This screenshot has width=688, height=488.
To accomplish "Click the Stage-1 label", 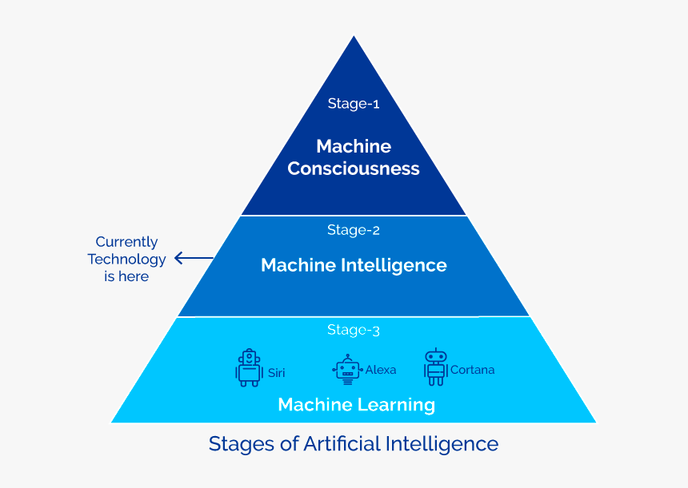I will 353,103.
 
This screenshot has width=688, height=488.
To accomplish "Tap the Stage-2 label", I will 353,230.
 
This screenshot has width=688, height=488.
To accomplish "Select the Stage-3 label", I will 353,330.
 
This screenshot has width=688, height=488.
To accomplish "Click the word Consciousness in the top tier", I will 354,169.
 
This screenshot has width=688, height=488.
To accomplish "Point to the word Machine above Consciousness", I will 354,146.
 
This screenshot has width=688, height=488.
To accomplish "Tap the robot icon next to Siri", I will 249,367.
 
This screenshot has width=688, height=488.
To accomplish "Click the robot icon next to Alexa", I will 347,369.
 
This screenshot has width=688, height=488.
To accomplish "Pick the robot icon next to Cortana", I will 435,367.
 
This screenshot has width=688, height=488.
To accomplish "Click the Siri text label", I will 277,372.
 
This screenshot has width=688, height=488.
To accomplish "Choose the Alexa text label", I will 381,370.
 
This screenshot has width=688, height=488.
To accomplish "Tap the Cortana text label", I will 472,370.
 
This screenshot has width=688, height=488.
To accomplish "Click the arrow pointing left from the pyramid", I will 194,258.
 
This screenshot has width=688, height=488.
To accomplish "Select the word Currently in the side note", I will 126,241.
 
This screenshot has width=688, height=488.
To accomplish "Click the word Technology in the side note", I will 126,259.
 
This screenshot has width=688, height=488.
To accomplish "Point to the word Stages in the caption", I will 235,444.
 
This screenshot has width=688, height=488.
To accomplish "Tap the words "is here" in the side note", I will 126,276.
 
